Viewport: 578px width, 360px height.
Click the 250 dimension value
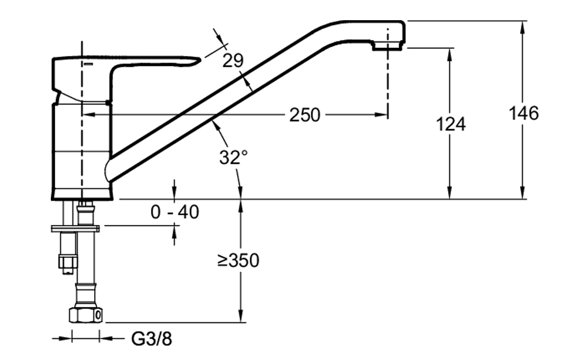click(304, 115)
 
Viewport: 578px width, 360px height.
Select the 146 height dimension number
click(524, 112)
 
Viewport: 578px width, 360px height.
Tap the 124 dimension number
click(450, 124)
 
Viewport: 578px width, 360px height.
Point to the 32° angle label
click(233, 157)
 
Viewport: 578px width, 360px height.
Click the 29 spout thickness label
click(233, 61)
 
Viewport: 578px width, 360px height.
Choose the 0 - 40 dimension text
click(175, 212)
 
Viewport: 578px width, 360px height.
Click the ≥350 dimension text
click(238, 261)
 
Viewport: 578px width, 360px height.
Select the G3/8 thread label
click(151, 339)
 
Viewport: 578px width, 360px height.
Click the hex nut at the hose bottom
click(85, 315)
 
